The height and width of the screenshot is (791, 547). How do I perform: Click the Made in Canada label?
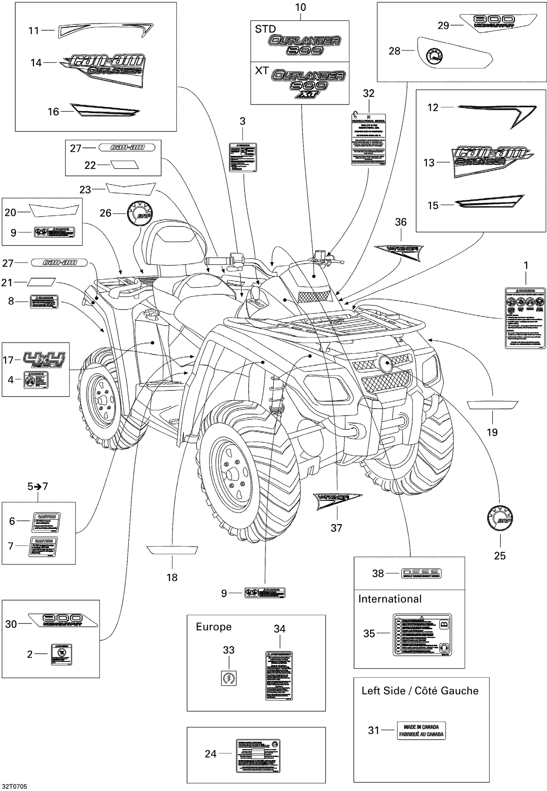tap(421, 731)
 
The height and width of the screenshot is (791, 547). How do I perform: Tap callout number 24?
tap(210, 754)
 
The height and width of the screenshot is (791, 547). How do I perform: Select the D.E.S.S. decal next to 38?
tap(421, 574)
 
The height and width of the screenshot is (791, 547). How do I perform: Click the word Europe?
tap(214, 627)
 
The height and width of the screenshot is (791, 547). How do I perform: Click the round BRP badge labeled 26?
tap(140, 213)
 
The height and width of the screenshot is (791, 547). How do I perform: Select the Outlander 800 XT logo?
tap(309, 84)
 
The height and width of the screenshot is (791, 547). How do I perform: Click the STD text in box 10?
tap(265, 29)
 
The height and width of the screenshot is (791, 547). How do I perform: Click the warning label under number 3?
tap(243, 157)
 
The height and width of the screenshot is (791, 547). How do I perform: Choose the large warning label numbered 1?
tap(525, 318)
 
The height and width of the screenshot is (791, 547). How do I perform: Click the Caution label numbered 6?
tap(47, 521)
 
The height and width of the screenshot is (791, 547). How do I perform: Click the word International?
tap(389, 599)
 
